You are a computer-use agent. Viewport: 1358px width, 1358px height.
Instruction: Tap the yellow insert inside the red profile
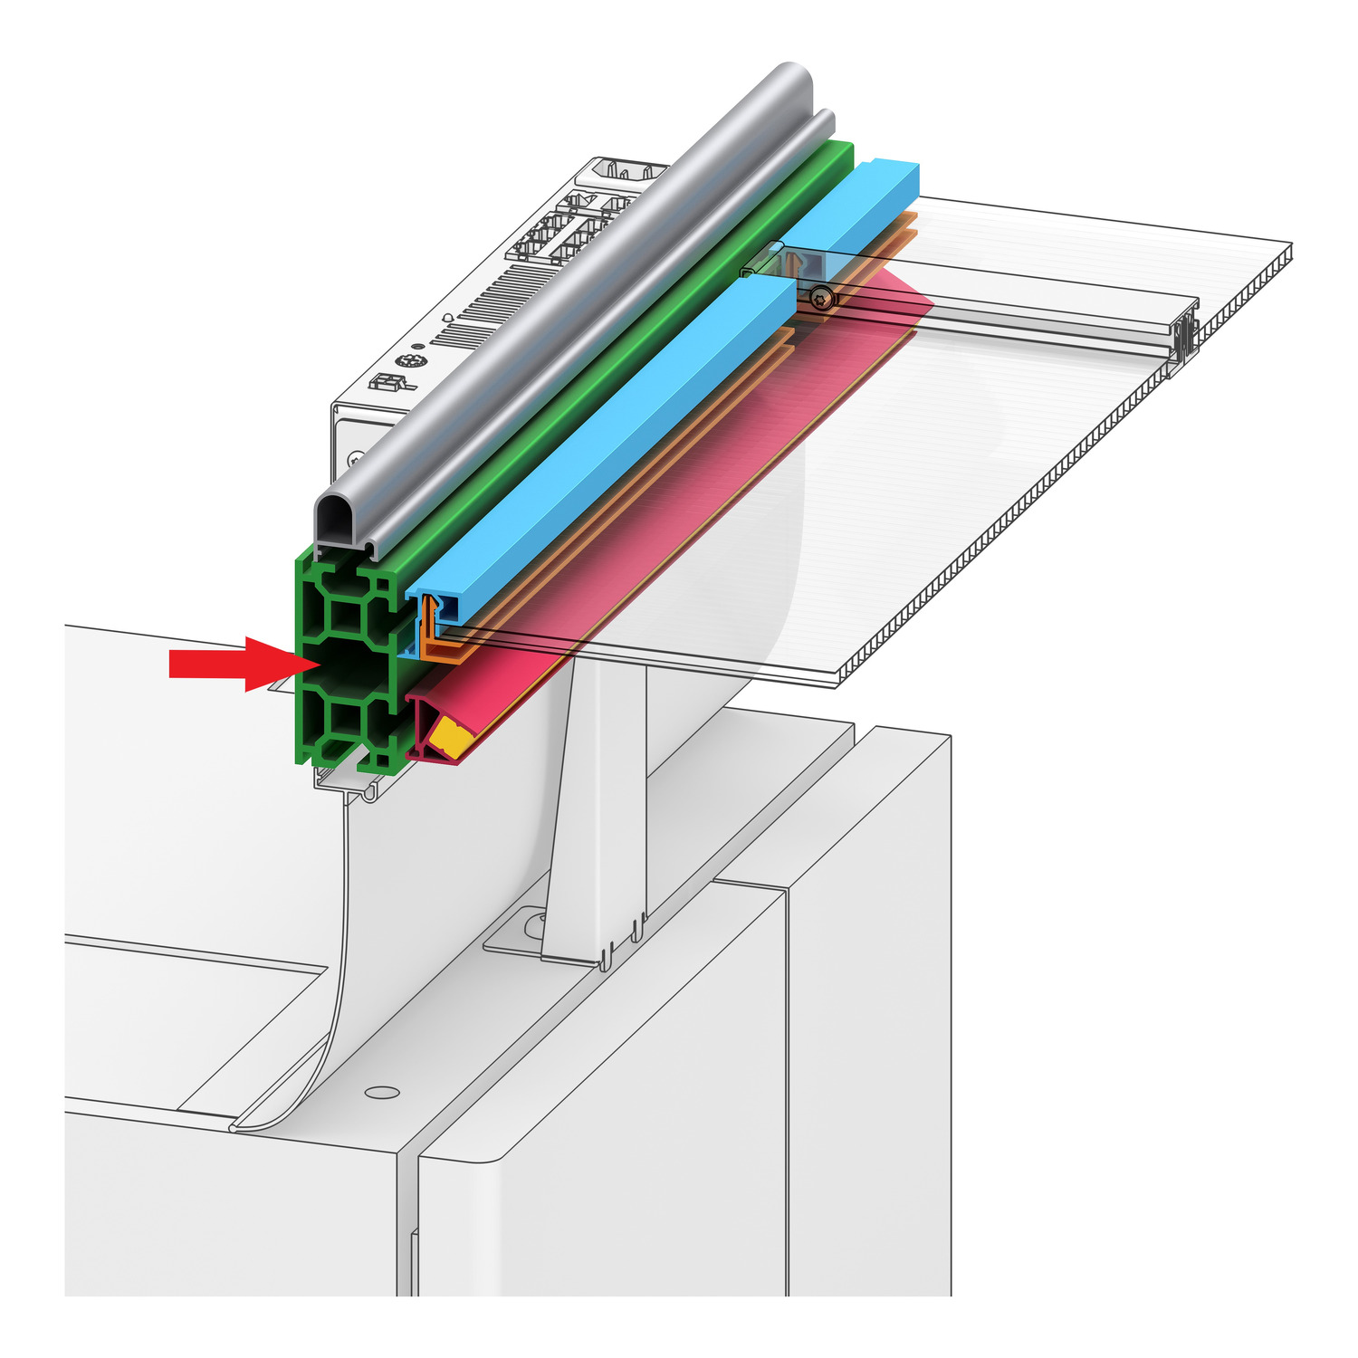tap(450, 736)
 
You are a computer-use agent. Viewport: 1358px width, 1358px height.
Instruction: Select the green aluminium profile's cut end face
tap(349, 661)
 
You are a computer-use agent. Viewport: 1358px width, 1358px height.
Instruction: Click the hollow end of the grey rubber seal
tap(337, 523)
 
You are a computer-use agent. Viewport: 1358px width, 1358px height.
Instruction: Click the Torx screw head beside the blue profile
tap(822, 296)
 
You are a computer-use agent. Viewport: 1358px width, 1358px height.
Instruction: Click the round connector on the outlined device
tap(412, 362)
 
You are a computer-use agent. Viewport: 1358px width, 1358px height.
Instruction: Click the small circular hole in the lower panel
tap(382, 1092)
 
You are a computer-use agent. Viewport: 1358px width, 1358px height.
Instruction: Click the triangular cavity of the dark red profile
tap(424, 724)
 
